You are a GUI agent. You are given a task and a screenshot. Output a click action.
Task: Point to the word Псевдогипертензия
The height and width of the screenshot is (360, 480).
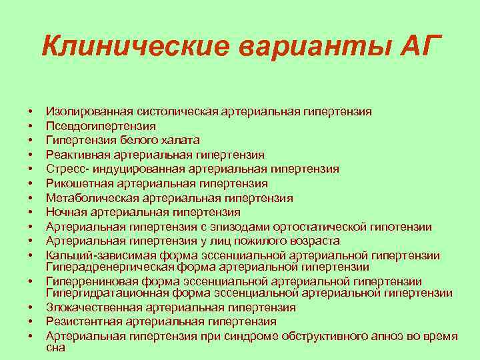[x=100, y=125]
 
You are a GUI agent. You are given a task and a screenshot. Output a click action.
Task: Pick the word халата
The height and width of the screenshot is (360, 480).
[x=181, y=140]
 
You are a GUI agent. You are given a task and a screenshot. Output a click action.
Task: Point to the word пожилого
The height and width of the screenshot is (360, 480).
[x=252, y=241]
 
